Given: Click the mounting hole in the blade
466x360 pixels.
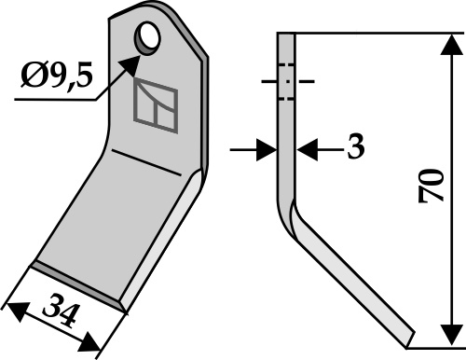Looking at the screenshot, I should (147, 40).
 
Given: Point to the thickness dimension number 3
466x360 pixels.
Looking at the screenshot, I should (354, 147).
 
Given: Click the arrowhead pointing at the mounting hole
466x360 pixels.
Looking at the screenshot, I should (135, 56).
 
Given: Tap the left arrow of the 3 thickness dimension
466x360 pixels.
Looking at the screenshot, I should (265, 147).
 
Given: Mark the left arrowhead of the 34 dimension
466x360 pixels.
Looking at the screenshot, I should (12, 307).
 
